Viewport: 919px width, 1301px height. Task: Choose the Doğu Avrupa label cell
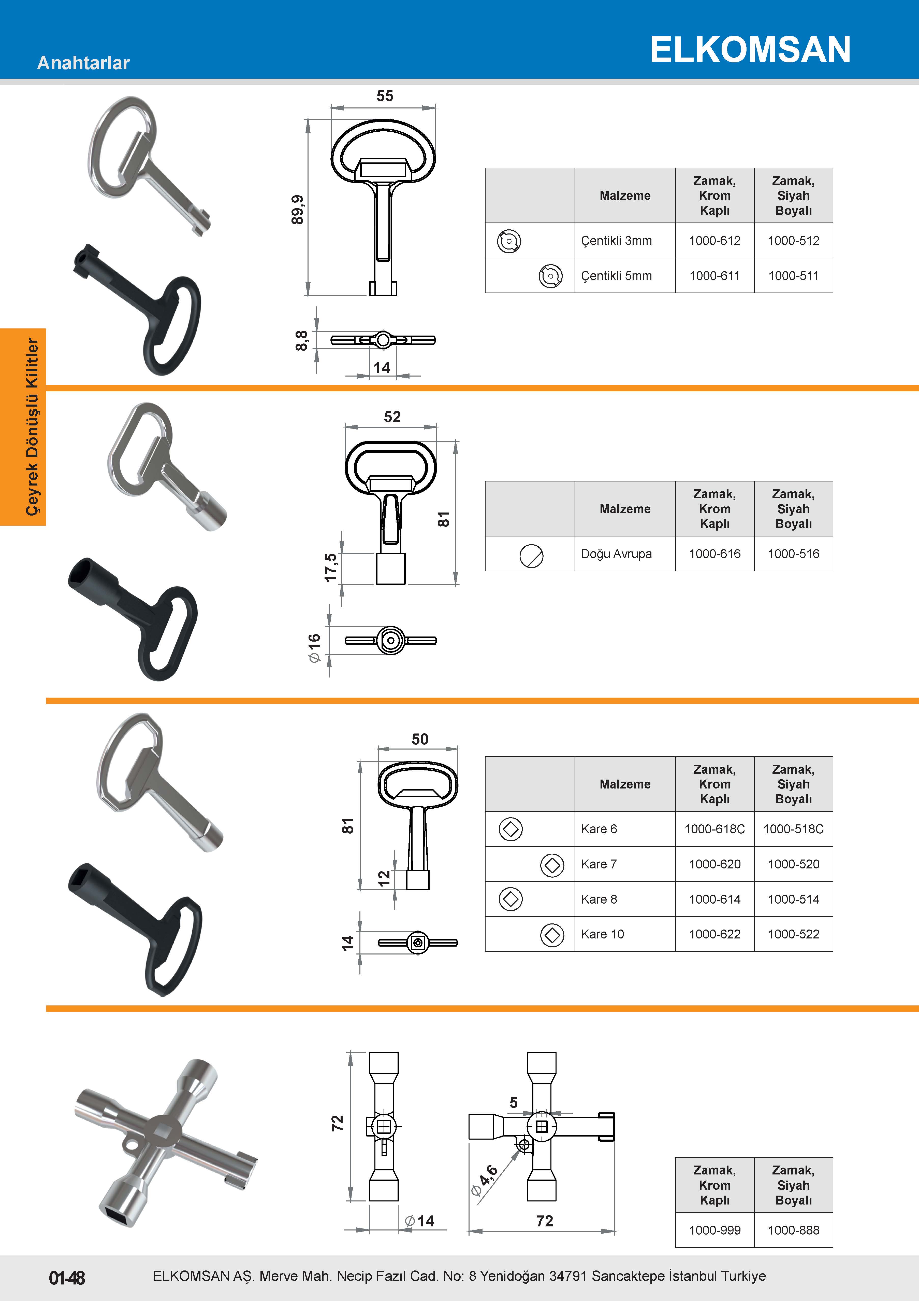click(x=624, y=553)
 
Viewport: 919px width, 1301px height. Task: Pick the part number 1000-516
click(x=793, y=553)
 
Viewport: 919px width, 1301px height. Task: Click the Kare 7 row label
click(x=599, y=864)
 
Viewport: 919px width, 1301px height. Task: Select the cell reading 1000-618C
click(x=714, y=829)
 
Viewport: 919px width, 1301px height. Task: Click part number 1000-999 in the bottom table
click(x=714, y=1230)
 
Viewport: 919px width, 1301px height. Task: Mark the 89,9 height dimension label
click(x=297, y=210)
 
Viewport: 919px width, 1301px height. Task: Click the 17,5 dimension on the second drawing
click(x=330, y=567)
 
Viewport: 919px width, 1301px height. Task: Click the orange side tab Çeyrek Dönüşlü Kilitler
click(x=23, y=427)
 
